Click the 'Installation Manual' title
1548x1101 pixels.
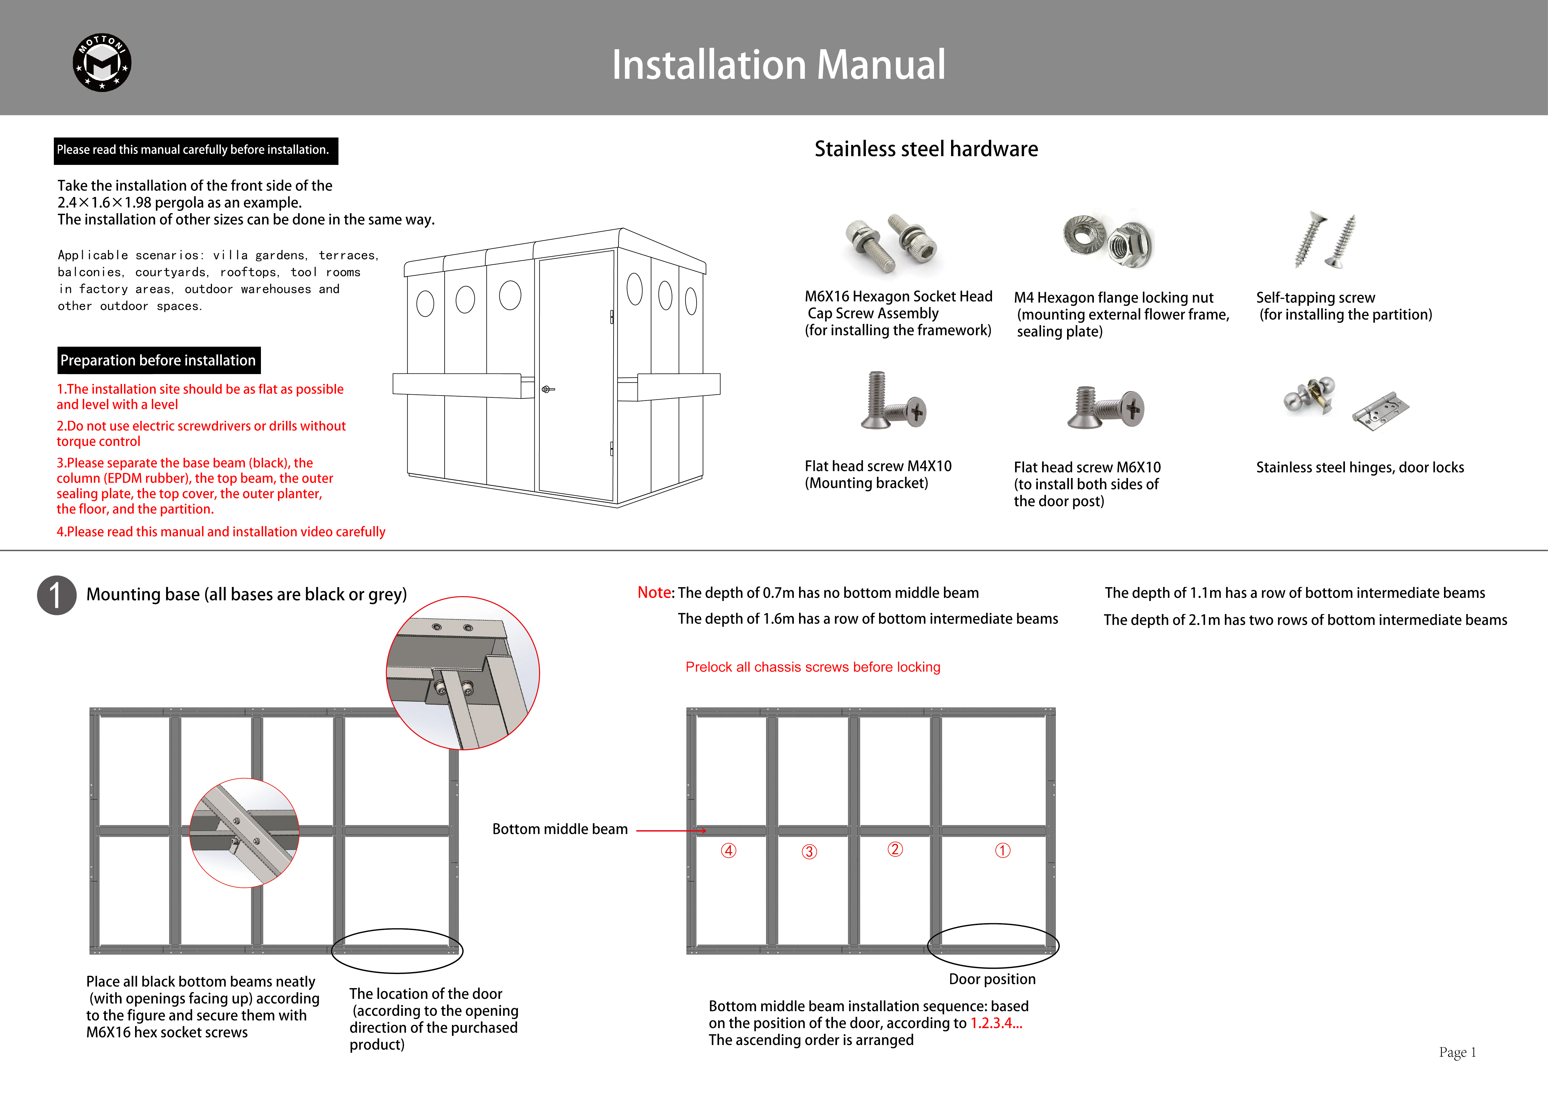click(778, 65)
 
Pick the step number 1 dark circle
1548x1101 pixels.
click(56, 595)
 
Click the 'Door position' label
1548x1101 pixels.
click(992, 979)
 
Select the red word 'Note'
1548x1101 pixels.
click(654, 592)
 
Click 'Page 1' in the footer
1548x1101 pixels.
click(1457, 1052)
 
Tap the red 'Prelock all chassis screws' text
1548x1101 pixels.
click(812, 667)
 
